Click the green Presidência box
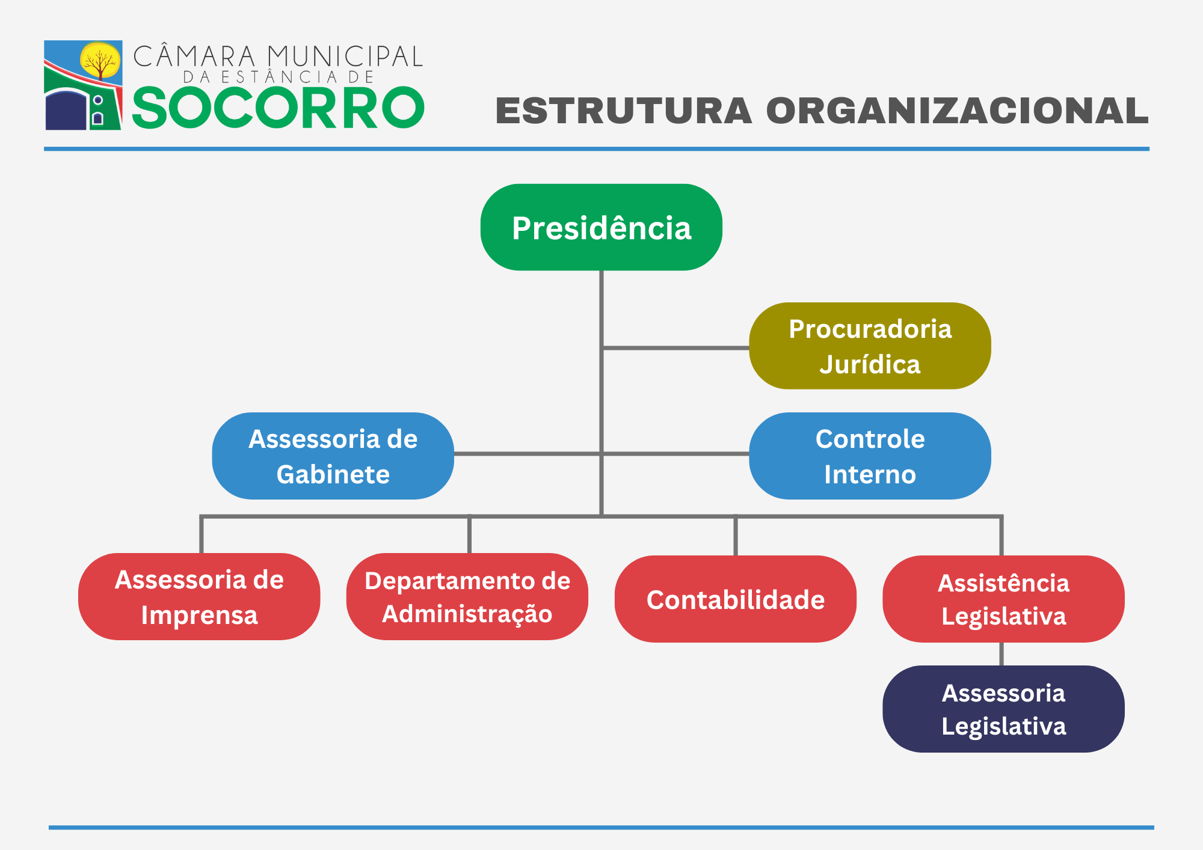click(601, 227)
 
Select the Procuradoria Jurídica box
click(870, 346)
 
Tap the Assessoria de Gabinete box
click(333, 456)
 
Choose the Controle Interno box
click(870, 456)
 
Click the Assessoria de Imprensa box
click(199, 596)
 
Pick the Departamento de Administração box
click(467, 596)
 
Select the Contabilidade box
click(736, 599)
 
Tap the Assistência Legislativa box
click(1003, 599)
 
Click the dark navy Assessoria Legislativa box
click(1003, 709)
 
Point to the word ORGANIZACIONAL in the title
click(957, 111)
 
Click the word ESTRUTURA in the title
click(624, 111)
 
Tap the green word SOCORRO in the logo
click(278, 108)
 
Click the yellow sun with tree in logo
click(100, 61)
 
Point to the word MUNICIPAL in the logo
click(345, 57)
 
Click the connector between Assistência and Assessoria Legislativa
click(1001, 654)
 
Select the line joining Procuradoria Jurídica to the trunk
click(675, 347)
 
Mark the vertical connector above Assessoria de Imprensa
click(202, 535)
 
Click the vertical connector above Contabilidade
click(736, 536)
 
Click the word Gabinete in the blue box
click(333, 474)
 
